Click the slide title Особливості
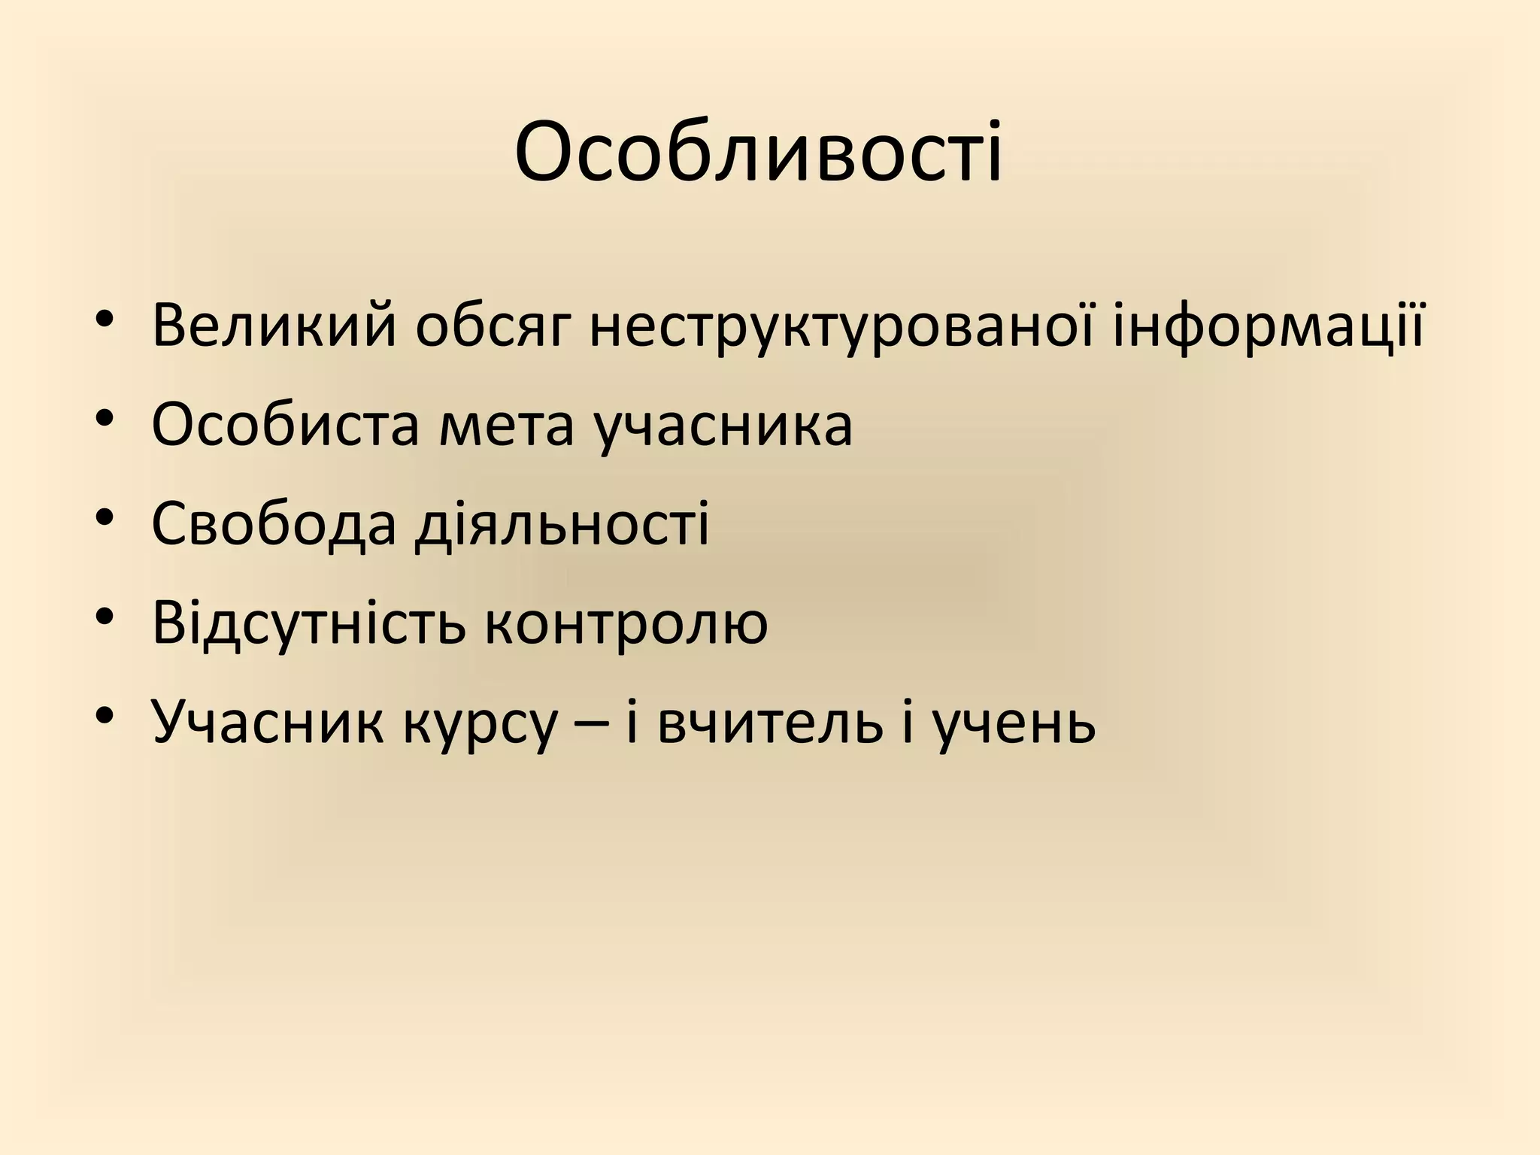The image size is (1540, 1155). (x=758, y=155)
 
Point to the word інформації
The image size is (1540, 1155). (x=1268, y=326)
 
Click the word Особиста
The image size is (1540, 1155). (x=285, y=426)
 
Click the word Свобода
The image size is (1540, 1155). (x=273, y=524)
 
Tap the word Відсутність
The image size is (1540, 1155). (x=308, y=623)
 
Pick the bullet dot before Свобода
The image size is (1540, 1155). (x=105, y=518)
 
